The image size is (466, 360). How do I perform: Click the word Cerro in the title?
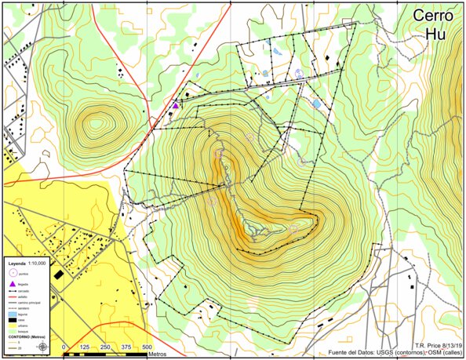[x=432, y=16]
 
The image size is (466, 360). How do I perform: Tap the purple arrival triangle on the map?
[x=176, y=105]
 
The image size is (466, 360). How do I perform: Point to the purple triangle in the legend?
[x=12, y=282]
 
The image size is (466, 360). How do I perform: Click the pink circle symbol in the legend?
[x=12, y=273]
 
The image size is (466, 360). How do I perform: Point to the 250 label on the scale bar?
[x=105, y=347]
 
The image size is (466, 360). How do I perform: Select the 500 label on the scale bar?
[x=147, y=347]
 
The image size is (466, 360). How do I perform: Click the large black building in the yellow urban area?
[x=59, y=274]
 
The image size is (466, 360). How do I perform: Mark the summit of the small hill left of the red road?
[x=96, y=122]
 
